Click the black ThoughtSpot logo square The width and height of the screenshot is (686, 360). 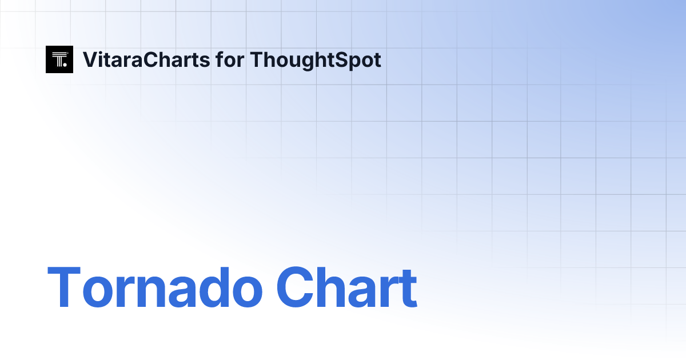(x=59, y=59)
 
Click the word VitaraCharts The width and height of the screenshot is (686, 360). (x=146, y=59)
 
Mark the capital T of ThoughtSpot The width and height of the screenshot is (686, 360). (x=256, y=59)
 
